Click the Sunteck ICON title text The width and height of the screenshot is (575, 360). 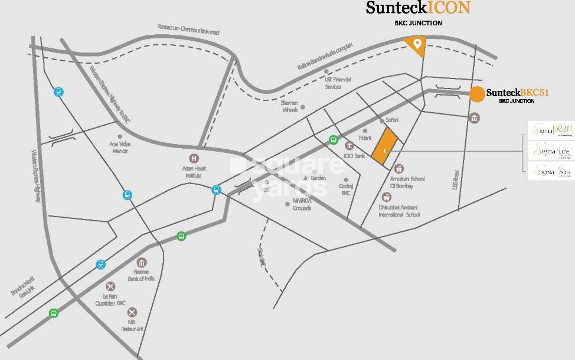[417, 8]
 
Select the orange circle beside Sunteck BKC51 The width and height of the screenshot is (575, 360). [477, 94]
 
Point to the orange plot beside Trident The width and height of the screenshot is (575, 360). [383, 145]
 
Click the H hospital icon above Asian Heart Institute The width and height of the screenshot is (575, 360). [194, 158]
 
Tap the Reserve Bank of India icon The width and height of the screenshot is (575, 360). [141, 263]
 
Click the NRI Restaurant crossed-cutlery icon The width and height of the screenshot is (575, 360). [132, 312]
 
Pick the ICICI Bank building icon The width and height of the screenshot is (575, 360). [349, 146]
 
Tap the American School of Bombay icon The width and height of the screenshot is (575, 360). [399, 169]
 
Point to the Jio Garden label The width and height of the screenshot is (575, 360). [314, 178]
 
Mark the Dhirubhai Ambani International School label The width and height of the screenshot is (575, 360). [400, 211]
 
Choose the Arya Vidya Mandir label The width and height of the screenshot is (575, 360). [120, 147]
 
